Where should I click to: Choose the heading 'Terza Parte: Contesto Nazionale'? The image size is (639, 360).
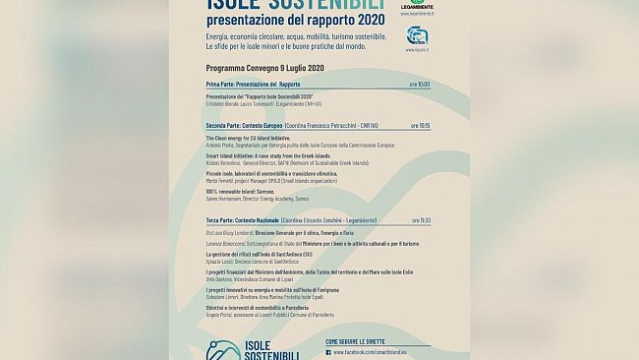(243, 220)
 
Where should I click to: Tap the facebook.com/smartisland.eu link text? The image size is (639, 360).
(378, 351)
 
